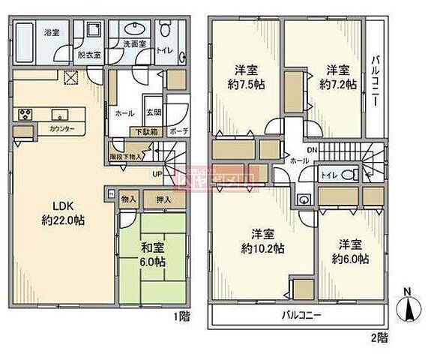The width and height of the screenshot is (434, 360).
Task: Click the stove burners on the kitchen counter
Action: [x=25, y=114]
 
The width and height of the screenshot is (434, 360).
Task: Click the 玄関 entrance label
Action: [x=152, y=112]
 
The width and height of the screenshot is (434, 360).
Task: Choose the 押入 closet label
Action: [x=163, y=199]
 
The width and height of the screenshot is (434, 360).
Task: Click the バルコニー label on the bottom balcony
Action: [x=301, y=316]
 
